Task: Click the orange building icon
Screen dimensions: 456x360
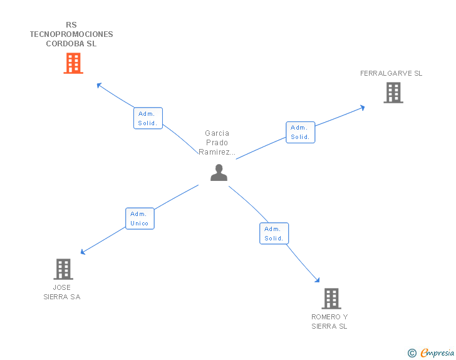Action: click(x=73, y=63)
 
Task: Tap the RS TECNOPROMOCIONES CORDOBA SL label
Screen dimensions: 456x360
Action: click(x=71, y=34)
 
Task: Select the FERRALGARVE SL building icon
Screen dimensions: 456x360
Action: click(x=393, y=93)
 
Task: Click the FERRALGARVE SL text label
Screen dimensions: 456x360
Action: click(x=391, y=73)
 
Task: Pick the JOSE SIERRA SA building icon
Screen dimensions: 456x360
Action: click(x=63, y=269)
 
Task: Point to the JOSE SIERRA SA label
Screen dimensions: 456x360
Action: click(x=62, y=292)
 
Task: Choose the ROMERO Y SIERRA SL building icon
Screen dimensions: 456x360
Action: click(x=331, y=299)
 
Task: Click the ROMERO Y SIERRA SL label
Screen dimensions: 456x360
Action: click(x=329, y=322)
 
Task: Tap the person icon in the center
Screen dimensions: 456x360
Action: click(x=219, y=172)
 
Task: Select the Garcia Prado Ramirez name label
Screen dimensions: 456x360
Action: click(x=217, y=143)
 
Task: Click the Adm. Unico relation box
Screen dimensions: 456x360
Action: click(x=140, y=219)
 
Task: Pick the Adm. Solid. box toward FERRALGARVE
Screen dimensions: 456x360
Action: click(x=300, y=132)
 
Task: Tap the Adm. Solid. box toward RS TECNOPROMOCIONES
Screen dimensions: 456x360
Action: click(x=148, y=118)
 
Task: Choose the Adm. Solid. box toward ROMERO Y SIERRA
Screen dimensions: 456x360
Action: click(x=274, y=234)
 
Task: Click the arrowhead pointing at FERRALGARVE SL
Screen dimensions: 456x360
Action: click(x=362, y=108)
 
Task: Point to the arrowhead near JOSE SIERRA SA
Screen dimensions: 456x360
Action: click(x=83, y=252)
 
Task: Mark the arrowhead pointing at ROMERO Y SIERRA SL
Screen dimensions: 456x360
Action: click(x=318, y=280)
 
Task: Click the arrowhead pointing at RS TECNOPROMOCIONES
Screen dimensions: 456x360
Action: click(x=99, y=85)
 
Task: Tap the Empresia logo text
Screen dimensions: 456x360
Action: click(x=437, y=352)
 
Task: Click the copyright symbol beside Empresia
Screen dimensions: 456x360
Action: click(x=412, y=353)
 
